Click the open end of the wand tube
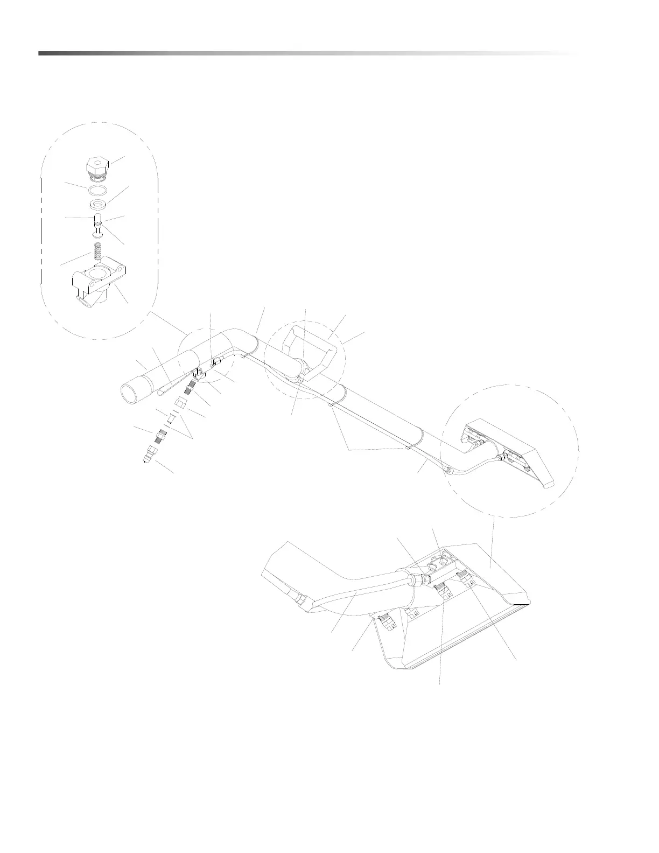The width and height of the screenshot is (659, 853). tap(131, 396)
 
